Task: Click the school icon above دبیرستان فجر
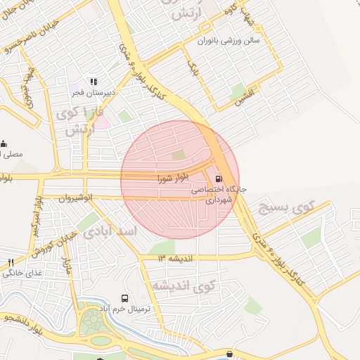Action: [94, 82]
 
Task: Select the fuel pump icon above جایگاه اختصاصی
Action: [219, 179]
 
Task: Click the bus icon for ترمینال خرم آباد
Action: [124, 298]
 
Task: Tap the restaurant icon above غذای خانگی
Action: [11, 262]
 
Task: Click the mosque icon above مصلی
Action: [4, 143]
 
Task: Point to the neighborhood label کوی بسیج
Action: [284, 208]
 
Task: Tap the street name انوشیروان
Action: [77, 198]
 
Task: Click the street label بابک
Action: [193, 68]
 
